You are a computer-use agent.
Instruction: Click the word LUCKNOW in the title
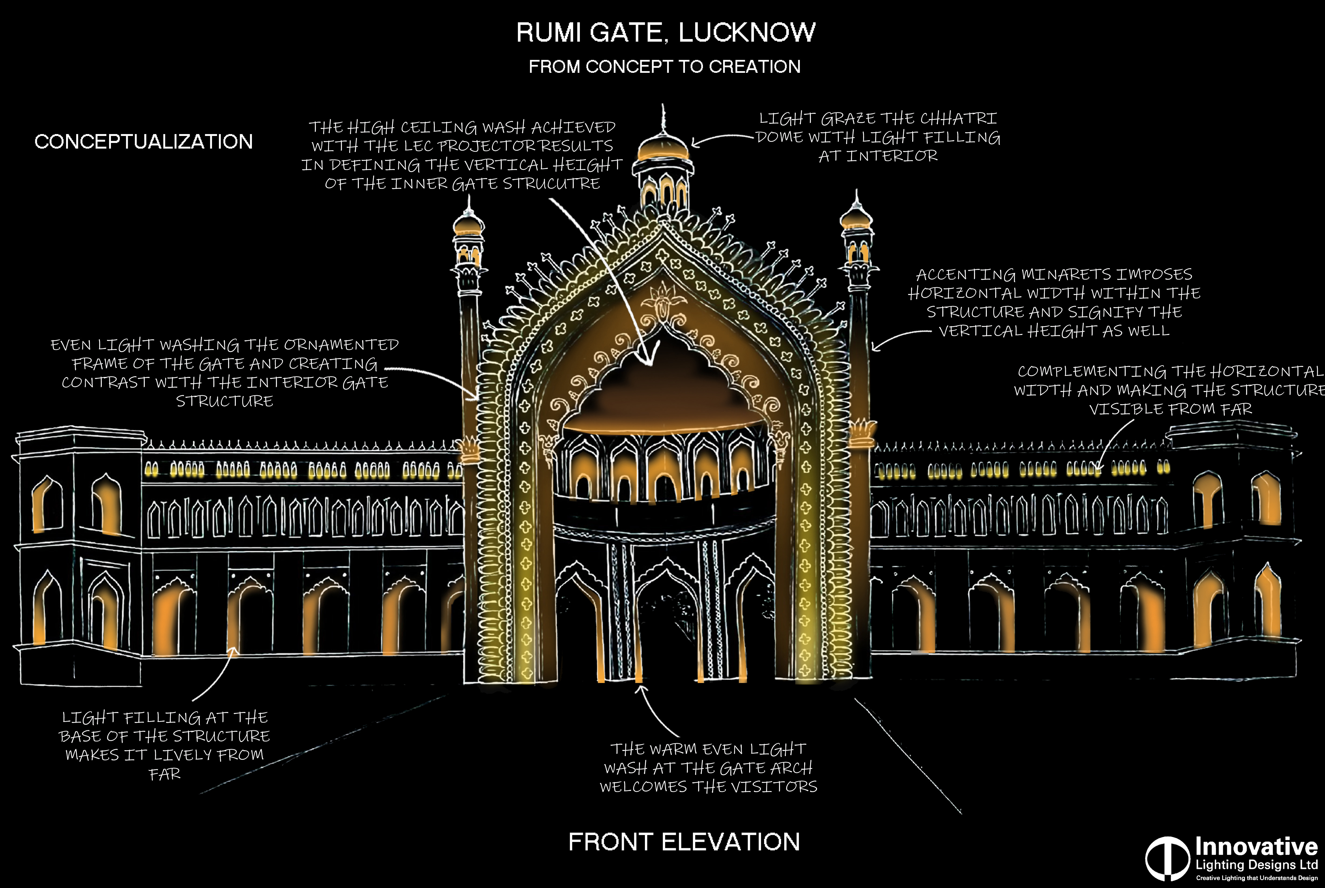[747, 32]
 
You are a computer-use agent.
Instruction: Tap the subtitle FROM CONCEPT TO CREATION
[665, 67]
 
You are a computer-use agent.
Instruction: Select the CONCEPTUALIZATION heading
[144, 142]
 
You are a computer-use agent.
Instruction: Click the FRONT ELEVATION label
[684, 842]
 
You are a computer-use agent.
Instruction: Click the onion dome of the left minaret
[469, 224]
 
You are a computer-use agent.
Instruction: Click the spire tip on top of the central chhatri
[663, 105]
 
